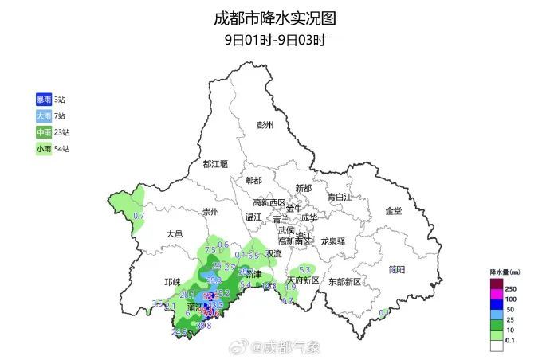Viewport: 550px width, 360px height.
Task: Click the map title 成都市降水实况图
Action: [274, 18]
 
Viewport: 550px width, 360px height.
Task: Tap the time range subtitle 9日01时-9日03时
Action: [274, 38]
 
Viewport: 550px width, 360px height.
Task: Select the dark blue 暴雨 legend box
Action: [43, 99]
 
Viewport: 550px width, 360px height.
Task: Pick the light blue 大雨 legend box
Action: [43, 115]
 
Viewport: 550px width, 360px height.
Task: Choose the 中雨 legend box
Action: [43, 132]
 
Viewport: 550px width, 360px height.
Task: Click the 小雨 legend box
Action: [43, 149]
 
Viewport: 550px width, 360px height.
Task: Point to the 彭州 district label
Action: [265, 126]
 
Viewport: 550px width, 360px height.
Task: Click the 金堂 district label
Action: [394, 211]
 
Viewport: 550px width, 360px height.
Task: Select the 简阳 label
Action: [397, 269]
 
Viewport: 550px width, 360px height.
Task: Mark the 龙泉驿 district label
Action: [333, 241]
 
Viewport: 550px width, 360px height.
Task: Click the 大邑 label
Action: [175, 234]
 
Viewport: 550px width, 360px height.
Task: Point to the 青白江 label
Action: [339, 196]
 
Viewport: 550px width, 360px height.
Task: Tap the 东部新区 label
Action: [344, 281]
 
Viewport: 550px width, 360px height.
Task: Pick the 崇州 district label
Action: [210, 212]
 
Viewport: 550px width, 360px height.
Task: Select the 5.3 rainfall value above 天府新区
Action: [303, 270]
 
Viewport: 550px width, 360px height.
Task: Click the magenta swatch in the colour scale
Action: [497, 296]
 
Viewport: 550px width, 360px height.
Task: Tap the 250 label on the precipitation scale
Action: [513, 288]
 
